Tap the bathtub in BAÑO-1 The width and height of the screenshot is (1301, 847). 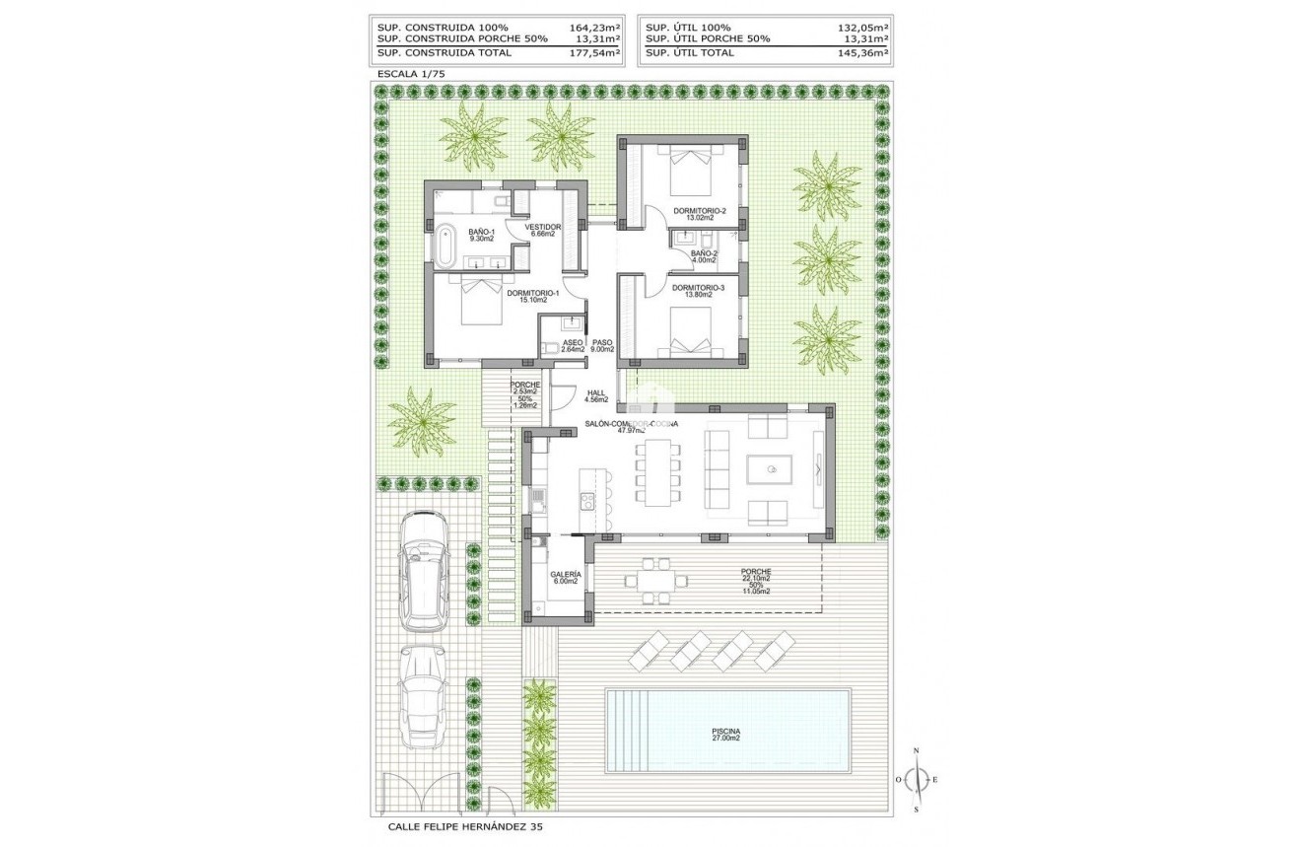pos(445,246)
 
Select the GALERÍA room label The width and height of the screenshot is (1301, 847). pos(565,577)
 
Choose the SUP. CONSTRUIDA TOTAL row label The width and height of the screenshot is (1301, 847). pos(445,53)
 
